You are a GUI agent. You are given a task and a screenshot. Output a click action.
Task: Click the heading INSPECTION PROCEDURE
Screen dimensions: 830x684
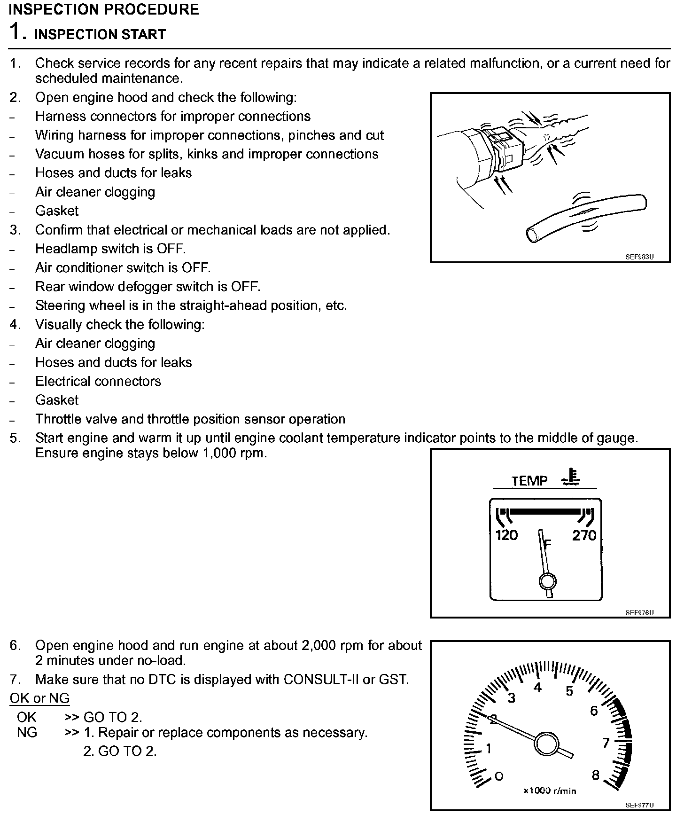click(103, 9)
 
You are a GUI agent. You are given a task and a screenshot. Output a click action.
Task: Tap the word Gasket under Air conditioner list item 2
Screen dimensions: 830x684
click(57, 211)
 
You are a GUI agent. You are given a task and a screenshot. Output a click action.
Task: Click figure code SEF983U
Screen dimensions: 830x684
click(639, 257)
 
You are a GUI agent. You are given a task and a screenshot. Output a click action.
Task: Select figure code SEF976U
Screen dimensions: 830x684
click(639, 613)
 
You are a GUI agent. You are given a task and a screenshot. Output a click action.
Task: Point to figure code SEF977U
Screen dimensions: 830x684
click(639, 805)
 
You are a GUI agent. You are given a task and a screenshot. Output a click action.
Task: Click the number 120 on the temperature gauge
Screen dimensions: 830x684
click(506, 535)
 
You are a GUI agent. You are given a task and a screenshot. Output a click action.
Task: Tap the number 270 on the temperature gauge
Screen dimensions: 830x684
click(584, 535)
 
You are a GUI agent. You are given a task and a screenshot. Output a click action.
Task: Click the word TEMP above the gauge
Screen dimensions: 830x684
click(529, 481)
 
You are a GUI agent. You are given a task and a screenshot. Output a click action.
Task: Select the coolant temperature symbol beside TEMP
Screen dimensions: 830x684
click(571, 476)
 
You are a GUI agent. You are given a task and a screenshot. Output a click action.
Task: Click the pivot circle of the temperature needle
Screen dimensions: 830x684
click(547, 581)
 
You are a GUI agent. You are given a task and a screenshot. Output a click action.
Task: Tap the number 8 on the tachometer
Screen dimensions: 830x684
click(595, 775)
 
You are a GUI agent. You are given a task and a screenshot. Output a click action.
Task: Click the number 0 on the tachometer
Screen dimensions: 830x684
click(499, 776)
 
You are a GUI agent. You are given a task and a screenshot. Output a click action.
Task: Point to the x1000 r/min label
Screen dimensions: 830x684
click(550, 791)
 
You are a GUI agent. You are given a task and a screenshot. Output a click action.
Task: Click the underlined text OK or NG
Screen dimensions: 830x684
click(39, 698)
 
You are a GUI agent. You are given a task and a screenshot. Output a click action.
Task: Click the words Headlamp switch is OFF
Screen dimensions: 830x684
click(110, 249)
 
